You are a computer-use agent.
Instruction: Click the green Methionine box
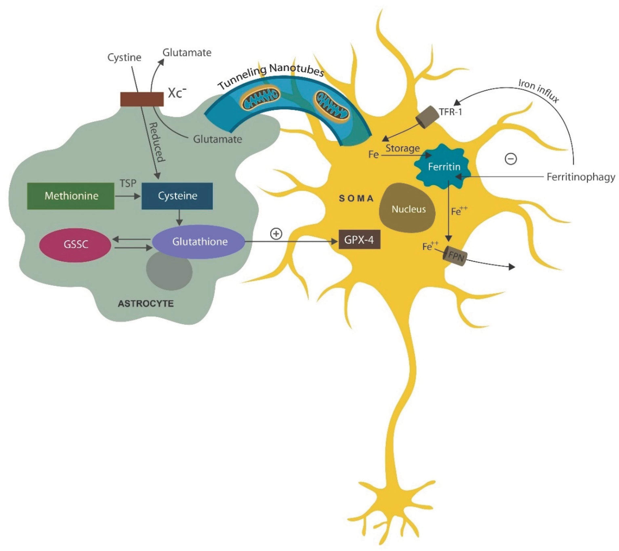(x=71, y=196)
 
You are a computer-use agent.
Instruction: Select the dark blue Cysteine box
(x=177, y=196)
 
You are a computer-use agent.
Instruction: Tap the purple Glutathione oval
(x=199, y=242)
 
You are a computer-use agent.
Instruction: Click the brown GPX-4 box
(x=359, y=240)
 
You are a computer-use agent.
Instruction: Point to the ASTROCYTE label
(x=146, y=304)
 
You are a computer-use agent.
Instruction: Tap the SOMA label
(x=356, y=199)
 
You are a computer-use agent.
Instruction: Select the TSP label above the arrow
(x=128, y=183)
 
